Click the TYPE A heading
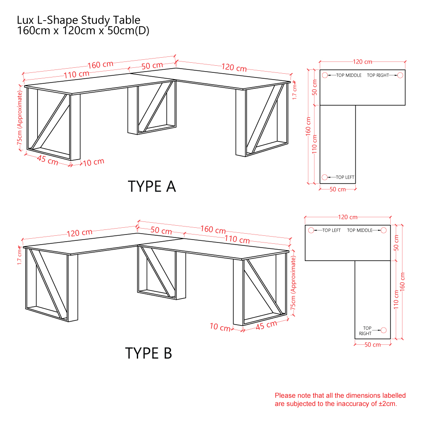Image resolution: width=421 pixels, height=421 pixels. tap(152, 187)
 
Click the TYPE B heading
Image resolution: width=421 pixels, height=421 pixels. tap(149, 353)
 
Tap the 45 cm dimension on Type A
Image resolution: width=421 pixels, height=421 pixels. tap(48, 160)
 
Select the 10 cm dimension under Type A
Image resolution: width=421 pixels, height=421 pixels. tap(93, 162)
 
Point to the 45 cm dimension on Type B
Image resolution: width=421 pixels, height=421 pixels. tap(266, 325)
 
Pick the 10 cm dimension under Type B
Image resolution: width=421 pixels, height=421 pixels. tap(220, 327)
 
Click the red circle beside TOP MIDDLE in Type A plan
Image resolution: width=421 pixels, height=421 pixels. tap(325, 75)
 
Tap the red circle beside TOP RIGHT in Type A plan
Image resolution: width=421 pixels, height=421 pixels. tap(400, 75)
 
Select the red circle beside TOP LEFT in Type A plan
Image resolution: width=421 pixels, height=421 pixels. tap(325, 177)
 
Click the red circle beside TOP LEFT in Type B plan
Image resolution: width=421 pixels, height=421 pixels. tap(311, 230)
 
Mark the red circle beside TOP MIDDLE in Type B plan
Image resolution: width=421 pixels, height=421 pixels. tap(384, 230)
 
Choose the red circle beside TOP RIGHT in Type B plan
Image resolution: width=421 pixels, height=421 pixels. tap(384, 330)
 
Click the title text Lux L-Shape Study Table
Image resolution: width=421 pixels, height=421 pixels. tap(78, 20)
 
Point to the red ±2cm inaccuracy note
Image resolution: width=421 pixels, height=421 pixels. tap(340, 400)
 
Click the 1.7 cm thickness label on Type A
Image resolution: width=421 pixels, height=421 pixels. tap(295, 91)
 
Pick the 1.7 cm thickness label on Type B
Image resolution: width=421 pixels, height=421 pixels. tap(19, 257)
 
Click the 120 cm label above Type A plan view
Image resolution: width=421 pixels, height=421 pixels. tap(362, 62)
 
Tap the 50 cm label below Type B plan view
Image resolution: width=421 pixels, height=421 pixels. tap(373, 345)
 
